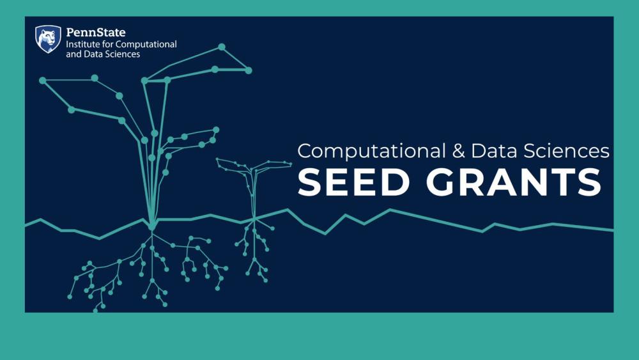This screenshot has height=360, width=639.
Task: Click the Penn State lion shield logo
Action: pos(48,38)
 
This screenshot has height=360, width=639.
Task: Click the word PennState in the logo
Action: pos(96,32)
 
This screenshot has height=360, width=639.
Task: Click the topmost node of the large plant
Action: pos(222,47)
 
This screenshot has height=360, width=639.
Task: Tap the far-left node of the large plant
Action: pos(42,81)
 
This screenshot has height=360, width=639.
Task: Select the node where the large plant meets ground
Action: pos(152,226)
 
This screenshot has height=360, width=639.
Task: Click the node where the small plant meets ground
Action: pos(254,220)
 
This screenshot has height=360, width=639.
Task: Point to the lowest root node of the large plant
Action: pos(96,310)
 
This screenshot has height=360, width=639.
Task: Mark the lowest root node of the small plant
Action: pos(265,280)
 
